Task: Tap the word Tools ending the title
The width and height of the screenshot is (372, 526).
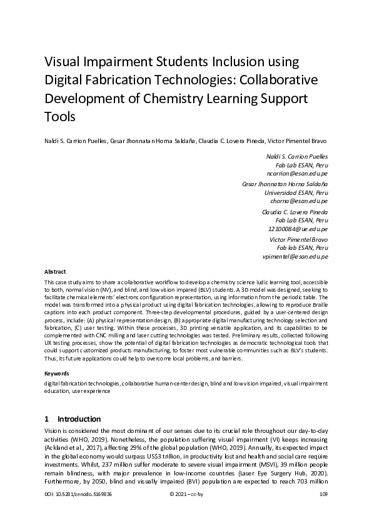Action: click(59, 117)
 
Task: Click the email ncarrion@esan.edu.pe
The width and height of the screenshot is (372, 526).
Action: click(297, 173)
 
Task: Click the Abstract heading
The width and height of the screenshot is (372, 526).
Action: click(55, 272)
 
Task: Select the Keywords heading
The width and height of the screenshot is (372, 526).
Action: click(56, 373)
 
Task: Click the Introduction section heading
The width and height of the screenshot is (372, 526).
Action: click(79, 419)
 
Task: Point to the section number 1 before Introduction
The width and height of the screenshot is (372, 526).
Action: click(47, 419)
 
